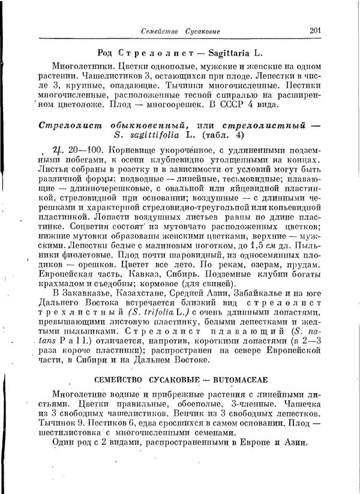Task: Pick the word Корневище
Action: (134, 151)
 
